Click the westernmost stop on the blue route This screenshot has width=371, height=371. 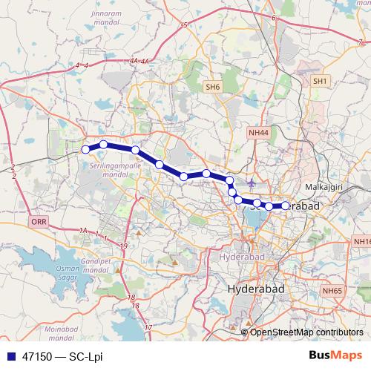(x=85, y=150)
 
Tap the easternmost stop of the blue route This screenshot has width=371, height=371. (x=286, y=206)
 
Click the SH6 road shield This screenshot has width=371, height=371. (x=213, y=87)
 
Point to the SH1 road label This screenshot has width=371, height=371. (x=320, y=80)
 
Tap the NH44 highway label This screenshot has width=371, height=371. (x=257, y=131)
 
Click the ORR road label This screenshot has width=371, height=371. (x=39, y=222)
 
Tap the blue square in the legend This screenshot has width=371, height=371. (x=9, y=356)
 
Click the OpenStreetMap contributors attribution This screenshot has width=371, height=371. (x=306, y=332)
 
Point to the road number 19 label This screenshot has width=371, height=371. (x=123, y=245)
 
